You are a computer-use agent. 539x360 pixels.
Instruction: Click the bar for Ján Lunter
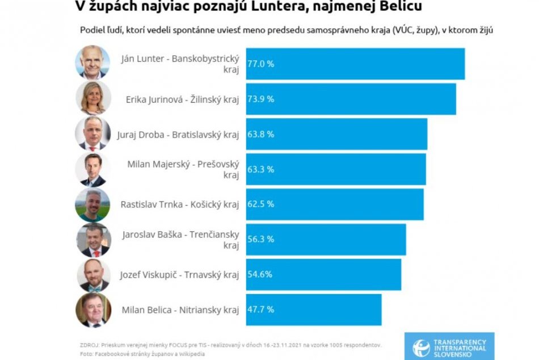click(x=355, y=64)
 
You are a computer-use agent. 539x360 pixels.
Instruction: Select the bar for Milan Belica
click(x=313, y=309)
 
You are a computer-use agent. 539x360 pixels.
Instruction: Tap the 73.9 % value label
click(x=260, y=99)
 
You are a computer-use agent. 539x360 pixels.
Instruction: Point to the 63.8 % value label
click(x=260, y=134)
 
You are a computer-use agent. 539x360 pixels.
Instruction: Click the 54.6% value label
click(x=260, y=274)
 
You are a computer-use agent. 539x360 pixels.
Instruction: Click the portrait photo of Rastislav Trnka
click(x=92, y=204)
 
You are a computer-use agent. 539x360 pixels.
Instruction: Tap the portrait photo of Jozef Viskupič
click(x=93, y=275)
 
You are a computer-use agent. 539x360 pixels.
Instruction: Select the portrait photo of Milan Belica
click(x=93, y=310)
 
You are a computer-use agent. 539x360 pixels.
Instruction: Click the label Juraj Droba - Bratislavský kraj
click(x=178, y=134)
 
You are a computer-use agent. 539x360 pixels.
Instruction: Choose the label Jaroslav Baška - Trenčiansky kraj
click(x=180, y=240)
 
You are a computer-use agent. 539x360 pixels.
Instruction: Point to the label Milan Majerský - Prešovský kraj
click(x=183, y=169)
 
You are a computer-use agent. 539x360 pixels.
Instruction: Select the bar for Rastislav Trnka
click(x=334, y=204)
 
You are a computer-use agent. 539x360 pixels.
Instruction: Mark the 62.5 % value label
click(x=260, y=204)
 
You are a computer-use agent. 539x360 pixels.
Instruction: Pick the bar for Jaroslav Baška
click(x=326, y=240)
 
